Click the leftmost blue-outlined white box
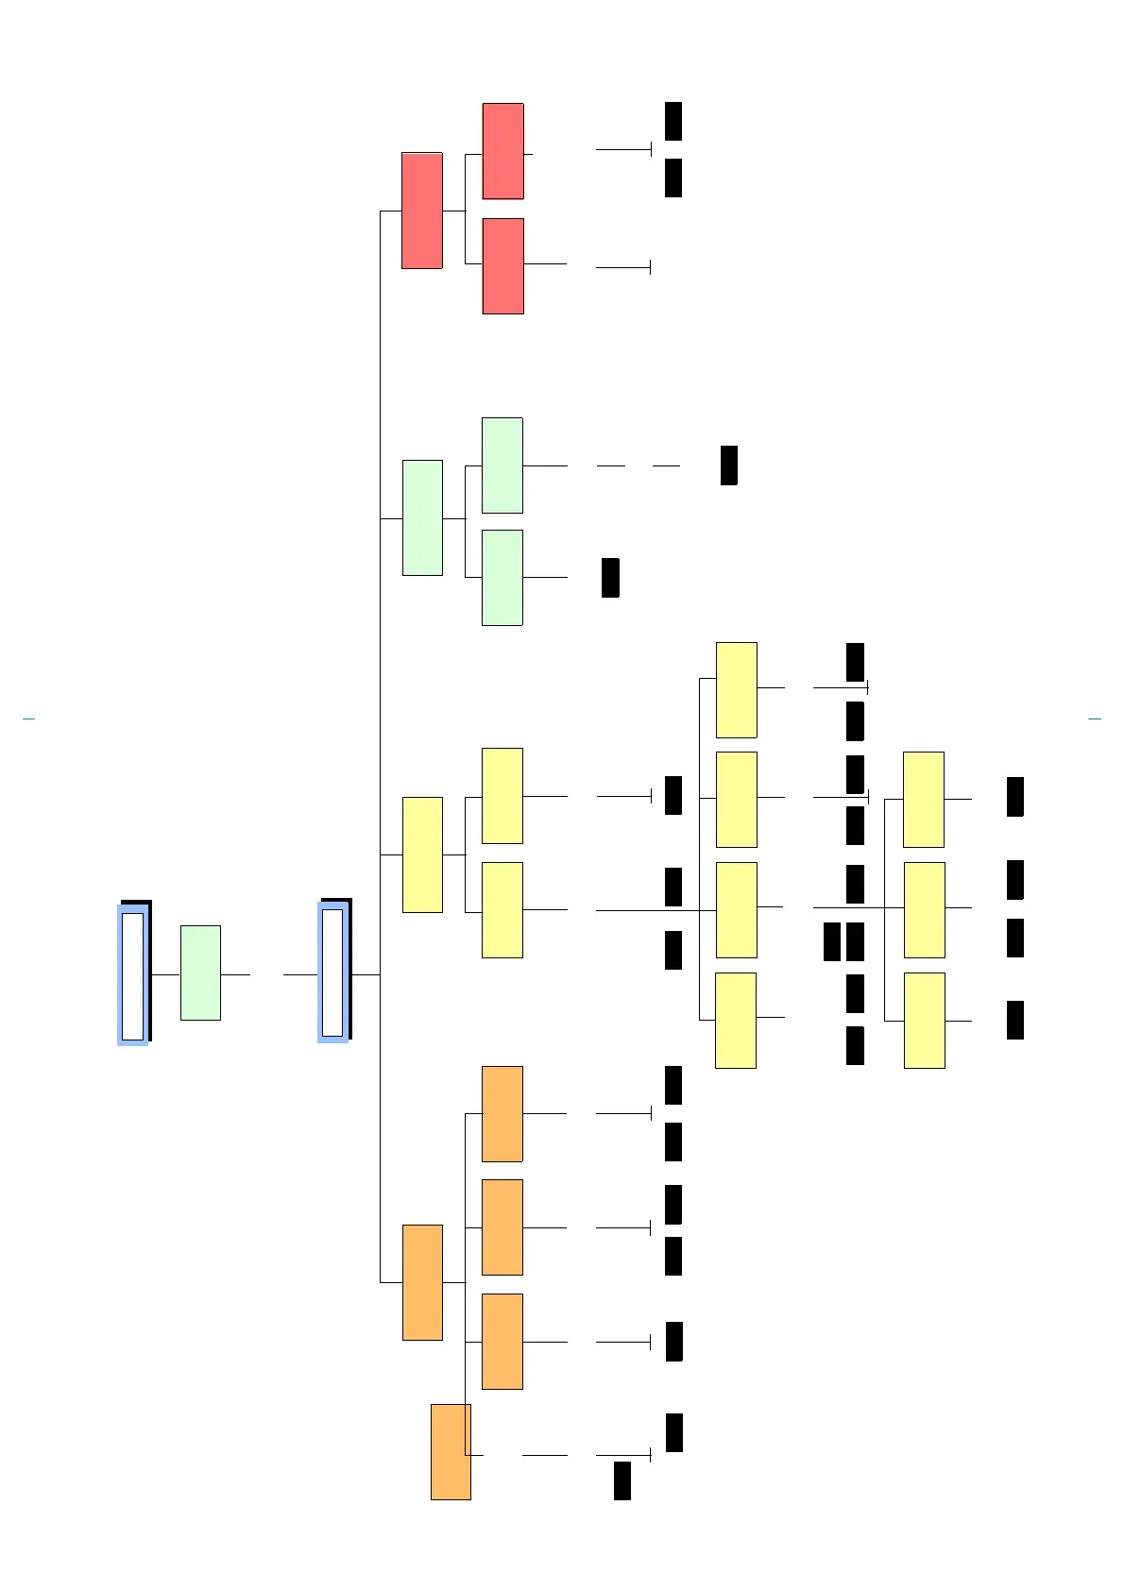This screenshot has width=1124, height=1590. [x=133, y=975]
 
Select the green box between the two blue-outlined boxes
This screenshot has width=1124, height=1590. [x=200, y=973]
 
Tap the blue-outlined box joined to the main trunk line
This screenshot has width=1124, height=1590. [x=333, y=973]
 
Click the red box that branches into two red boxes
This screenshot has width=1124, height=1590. [x=422, y=211]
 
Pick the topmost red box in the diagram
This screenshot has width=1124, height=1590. [x=502, y=151]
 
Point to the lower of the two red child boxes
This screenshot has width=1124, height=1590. [x=502, y=266]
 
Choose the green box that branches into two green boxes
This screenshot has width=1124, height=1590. [x=422, y=517]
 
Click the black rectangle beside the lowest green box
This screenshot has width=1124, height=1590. [x=610, y=578]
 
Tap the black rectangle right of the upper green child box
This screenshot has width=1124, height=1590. [x=728, y=465]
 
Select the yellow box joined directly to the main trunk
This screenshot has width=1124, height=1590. [x=422, y=854]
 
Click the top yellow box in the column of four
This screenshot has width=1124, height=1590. [x=737, y=690]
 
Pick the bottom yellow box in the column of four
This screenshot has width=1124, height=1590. [x=736, y=1020]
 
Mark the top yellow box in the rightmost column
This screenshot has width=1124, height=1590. [x=924, y=800]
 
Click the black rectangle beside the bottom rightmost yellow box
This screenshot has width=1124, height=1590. [x=1015, y=1020]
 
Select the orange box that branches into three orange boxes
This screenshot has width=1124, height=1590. [x=422, y=1282]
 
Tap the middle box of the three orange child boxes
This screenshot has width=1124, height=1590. [x=502, y=1226]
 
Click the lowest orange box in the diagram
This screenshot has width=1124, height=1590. [x=451, y=1451]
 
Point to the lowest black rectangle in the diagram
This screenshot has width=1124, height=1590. [x=622, y=1480]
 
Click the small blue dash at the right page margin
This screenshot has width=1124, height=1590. [x=1095, y=719]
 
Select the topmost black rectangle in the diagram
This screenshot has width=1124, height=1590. [x=673, y=121]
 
